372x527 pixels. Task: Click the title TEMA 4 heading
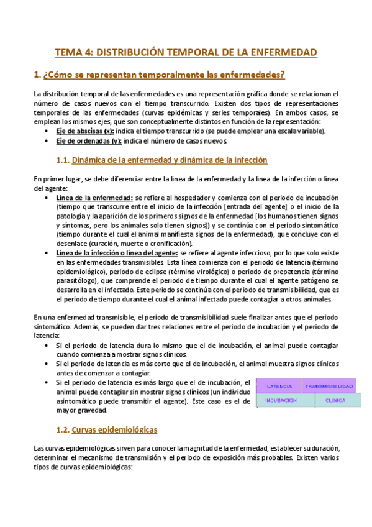click(x=186, y=52)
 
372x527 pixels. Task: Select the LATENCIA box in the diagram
click(x=279, y=386)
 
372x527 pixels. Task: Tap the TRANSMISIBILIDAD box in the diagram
click(x=329, y=386)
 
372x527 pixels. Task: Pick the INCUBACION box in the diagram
click(x=281, y=400)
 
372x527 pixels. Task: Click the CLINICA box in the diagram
click(x=335, y=400)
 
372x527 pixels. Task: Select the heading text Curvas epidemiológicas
click(x=114, y=429)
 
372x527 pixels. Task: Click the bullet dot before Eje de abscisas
click(x=48, y=132)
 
